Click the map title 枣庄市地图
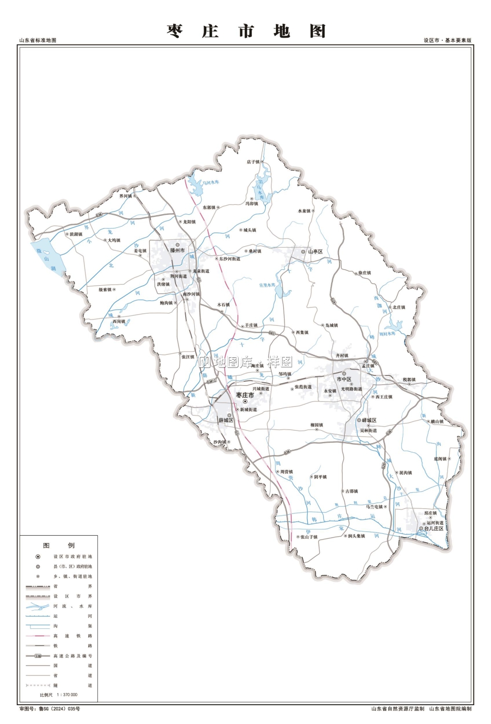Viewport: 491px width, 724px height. (246, 31)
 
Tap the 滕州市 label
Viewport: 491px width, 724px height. (177, 251)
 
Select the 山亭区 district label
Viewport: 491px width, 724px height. (315, 251)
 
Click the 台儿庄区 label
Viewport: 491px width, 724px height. (434, 529)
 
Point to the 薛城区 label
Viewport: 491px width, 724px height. (226, 420)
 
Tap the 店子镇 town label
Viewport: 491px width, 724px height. (253, 162)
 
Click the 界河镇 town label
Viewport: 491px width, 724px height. (125, 196)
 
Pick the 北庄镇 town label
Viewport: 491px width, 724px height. (398, 307)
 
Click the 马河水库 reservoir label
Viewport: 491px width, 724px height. (210, 182)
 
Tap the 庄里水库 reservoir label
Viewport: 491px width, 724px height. (267, 285)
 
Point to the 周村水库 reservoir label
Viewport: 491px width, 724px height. (387, 334)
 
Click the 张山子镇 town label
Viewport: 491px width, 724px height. (309, 537)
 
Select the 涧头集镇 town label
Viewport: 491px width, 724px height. (356, 536)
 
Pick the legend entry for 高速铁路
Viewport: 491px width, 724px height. (72, 636)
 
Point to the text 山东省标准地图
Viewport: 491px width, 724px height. (38, 41)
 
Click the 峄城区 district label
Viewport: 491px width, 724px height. (369, 420)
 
